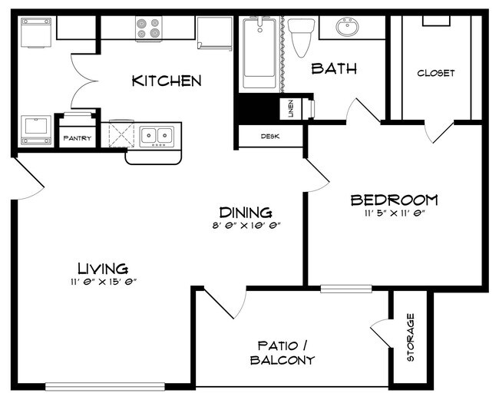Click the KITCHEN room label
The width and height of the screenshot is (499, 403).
(167, 81)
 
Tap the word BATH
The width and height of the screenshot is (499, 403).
(334, 68)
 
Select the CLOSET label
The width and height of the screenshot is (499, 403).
(435, 74)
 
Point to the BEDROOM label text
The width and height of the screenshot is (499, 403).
(394, 200)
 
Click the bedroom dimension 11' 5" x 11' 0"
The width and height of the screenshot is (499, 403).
(394, 214)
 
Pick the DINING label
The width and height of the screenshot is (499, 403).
(246, 213)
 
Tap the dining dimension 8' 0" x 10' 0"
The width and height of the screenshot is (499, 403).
(246, 226)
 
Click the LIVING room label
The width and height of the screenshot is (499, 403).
(102, 269)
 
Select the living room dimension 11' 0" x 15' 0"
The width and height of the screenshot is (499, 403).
(102, 282)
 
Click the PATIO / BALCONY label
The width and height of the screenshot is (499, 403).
(283, 352)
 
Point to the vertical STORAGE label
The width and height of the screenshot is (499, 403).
(411, 338)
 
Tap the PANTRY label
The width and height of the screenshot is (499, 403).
(77, 139)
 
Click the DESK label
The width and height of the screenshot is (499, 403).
(269, 137)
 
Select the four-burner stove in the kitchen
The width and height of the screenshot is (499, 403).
(149, 28)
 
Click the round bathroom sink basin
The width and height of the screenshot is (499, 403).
(348, 29)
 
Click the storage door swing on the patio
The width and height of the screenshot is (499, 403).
(382, 331)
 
